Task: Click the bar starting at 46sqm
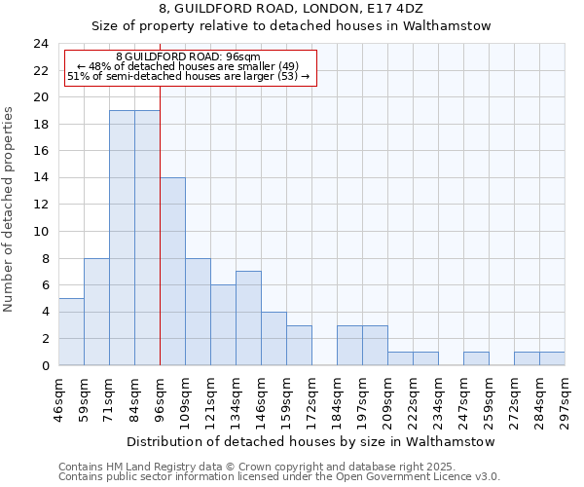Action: (x=71, y=332)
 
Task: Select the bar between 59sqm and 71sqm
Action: (x=96, y=312)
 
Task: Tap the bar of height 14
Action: (x=172, y=272)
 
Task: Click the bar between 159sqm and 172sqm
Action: (x=299, y=346)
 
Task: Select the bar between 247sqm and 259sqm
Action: (x=476, y=358)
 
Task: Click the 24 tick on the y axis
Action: (x=41, y=44)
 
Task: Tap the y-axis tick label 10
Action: (x=41, y=232)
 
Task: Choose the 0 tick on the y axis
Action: (x=45, y=366)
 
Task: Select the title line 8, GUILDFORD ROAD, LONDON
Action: (x=292, y=9)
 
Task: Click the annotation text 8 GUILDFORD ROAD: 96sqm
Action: (x=189, y=56)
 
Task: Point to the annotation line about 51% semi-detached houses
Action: (x=189, y=76)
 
